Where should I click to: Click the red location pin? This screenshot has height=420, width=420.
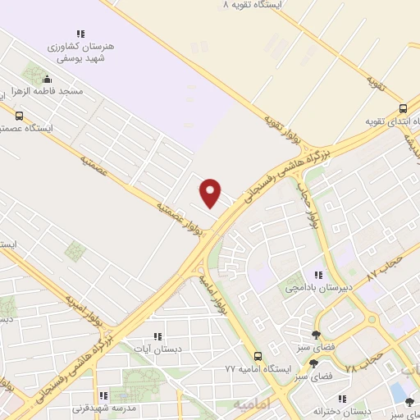(211, 192)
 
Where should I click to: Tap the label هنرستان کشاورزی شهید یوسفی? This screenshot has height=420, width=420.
(81, 52)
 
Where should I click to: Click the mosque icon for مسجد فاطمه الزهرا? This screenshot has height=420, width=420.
(47, 80)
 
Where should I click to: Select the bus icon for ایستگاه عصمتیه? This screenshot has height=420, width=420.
(19, 116)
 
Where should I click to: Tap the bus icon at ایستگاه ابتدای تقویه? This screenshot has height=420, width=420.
(402, 109)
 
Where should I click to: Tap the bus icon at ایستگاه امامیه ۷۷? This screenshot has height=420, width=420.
(258, 356)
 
